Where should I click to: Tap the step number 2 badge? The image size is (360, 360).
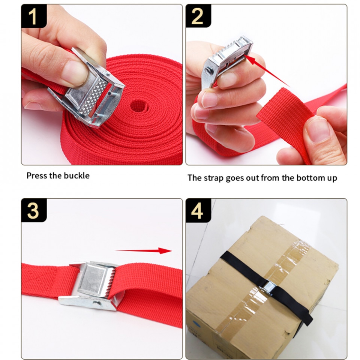(198, 16)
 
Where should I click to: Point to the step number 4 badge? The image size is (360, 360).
(198, 210)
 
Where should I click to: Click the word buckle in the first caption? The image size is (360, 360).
(76, 175)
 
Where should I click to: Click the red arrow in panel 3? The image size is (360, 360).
(143, 250)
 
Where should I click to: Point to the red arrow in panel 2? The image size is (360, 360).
(266, 70)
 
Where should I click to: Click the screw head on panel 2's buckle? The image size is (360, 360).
(209, 70)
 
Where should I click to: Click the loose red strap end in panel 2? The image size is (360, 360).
(286, 119)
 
